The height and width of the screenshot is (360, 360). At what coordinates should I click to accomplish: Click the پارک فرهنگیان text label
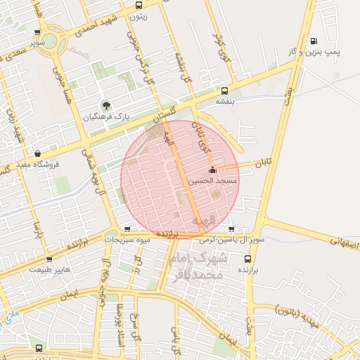106,117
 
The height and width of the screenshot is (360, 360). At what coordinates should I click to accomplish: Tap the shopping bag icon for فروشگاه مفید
37,154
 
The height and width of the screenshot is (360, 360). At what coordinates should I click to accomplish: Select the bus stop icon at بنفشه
224,91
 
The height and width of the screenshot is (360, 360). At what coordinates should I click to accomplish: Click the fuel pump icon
313,41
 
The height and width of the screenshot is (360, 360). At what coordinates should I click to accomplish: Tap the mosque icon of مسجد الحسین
212,169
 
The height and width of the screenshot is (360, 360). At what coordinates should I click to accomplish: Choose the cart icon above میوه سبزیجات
127,229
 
